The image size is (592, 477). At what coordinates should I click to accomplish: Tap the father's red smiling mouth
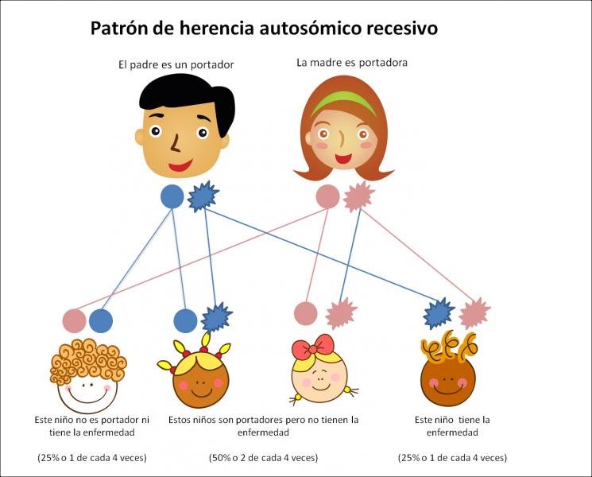coord(180,165)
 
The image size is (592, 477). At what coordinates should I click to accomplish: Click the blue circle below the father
coord(172,196)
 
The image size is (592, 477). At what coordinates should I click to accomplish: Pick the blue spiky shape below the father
coord(203,196)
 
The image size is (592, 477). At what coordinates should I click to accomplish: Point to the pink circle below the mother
coord(327,196)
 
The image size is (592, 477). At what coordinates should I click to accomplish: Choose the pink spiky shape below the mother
coord(358,196)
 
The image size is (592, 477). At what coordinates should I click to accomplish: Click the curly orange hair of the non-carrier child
coord(88,361)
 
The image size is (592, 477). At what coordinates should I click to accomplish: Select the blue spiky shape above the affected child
coord(439,313)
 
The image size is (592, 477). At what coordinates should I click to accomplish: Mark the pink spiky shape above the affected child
coord(474,313)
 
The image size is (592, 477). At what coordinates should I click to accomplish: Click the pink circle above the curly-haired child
coord(75,321)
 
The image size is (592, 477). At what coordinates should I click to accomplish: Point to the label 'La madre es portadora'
coord(352,63)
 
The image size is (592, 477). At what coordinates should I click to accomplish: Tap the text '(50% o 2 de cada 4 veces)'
coord(264,458)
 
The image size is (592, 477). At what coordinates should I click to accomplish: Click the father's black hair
coord(188,99)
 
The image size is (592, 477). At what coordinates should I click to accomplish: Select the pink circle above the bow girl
coord(305,313)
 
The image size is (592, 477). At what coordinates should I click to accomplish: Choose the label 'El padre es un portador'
coord(176,65)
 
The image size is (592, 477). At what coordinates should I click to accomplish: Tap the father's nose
coord(175,143)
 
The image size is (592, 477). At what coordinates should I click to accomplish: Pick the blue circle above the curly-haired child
coord(101,321)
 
